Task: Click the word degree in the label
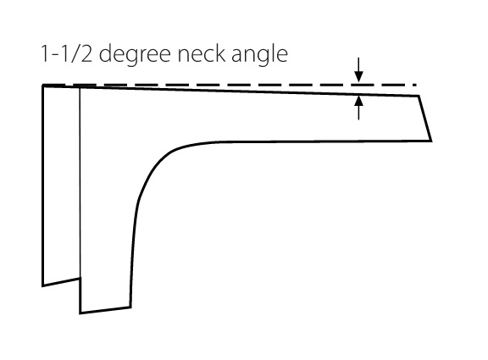[x=135, y=55]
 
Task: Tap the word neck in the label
[x=201, y=53]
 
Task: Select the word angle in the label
[x=259, y=55]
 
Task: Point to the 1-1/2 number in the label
[x=66, y=53]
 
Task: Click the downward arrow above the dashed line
[x=359, y=70]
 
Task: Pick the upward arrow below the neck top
[x=359, y=108]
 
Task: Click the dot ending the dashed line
[x=415, y=85]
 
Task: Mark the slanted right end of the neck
[x=425, y=119]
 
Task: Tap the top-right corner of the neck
[x=419, y=97]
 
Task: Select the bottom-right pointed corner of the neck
[x=431, y=141]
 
